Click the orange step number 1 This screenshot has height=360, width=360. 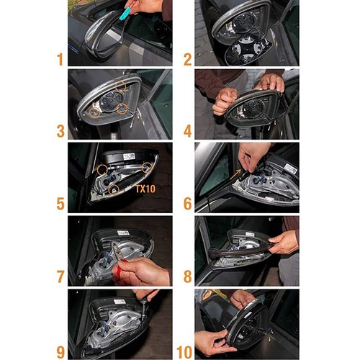click(60, 59)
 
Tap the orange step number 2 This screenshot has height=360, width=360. click(188, 59)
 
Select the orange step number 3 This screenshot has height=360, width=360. click(60, 131)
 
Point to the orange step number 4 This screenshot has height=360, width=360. click(188, 131)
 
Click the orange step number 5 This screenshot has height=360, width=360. click(60, 204)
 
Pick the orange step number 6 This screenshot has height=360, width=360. click(188, 204)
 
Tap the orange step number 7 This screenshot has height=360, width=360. click(60, 276)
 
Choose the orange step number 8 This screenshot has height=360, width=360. click(188, 276)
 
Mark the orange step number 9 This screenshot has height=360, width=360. click(60, 352)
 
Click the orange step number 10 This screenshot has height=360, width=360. click(184, 352)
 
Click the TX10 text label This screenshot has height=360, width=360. click(145, 189)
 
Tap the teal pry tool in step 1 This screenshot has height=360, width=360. click(127, 14)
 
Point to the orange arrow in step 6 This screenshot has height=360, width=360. click(235, 174)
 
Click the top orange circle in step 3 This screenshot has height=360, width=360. click(120, 86)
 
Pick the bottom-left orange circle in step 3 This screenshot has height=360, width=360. click(94, 112)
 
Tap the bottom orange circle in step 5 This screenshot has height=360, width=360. click(114, 190)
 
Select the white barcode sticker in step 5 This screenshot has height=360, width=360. click(129, 157)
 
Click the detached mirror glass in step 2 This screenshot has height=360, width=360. click(248, 50)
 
